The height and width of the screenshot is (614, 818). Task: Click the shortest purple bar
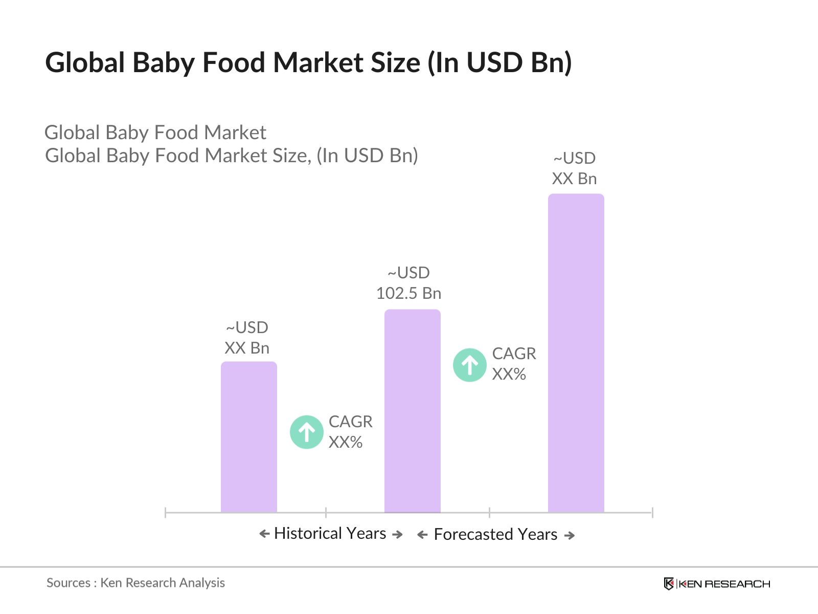coord(248,437)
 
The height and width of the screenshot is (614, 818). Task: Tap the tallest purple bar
coord(576,353)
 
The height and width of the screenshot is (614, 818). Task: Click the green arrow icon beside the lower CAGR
coord(307,432)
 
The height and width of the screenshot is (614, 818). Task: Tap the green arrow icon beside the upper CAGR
coord(469,365)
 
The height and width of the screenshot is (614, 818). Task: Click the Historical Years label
coord(330,534)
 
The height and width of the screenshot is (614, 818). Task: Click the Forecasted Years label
coord(495,535)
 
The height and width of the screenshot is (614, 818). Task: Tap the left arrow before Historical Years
coord(264,534)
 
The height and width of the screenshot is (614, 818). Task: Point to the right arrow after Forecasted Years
coord(570,536)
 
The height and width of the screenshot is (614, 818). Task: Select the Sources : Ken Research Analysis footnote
coord(135,583)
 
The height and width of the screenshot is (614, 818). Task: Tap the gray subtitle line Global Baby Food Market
coord(155,133)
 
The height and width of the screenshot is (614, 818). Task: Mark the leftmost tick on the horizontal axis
coord(166,512)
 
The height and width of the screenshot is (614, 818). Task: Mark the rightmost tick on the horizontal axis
coord(652,512)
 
